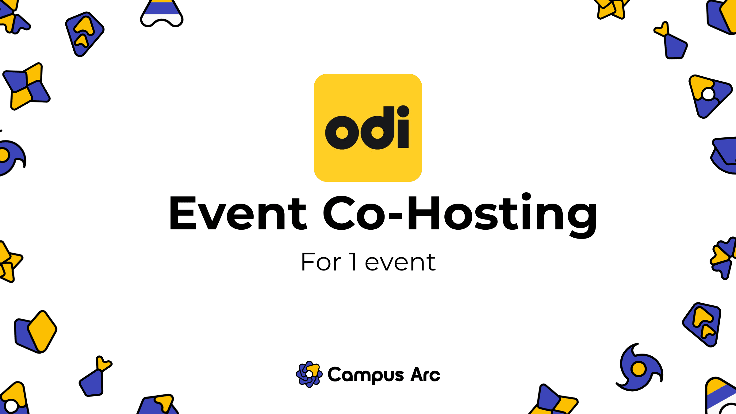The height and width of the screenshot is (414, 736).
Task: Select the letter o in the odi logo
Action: pos(342,132)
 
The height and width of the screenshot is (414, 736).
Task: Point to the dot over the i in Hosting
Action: pos(526,197)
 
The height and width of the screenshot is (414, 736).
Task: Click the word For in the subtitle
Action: pos(321,262)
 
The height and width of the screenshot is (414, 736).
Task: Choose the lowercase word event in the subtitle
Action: pos(400,263)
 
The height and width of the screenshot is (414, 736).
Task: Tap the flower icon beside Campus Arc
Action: pos(309,374)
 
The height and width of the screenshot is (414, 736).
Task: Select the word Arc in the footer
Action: pos(425,375)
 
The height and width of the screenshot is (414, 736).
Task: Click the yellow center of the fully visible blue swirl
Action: pos(639,369)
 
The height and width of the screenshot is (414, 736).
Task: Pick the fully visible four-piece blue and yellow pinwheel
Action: pos(27,86)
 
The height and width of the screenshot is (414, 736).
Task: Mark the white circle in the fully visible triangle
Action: pos(708,94)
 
